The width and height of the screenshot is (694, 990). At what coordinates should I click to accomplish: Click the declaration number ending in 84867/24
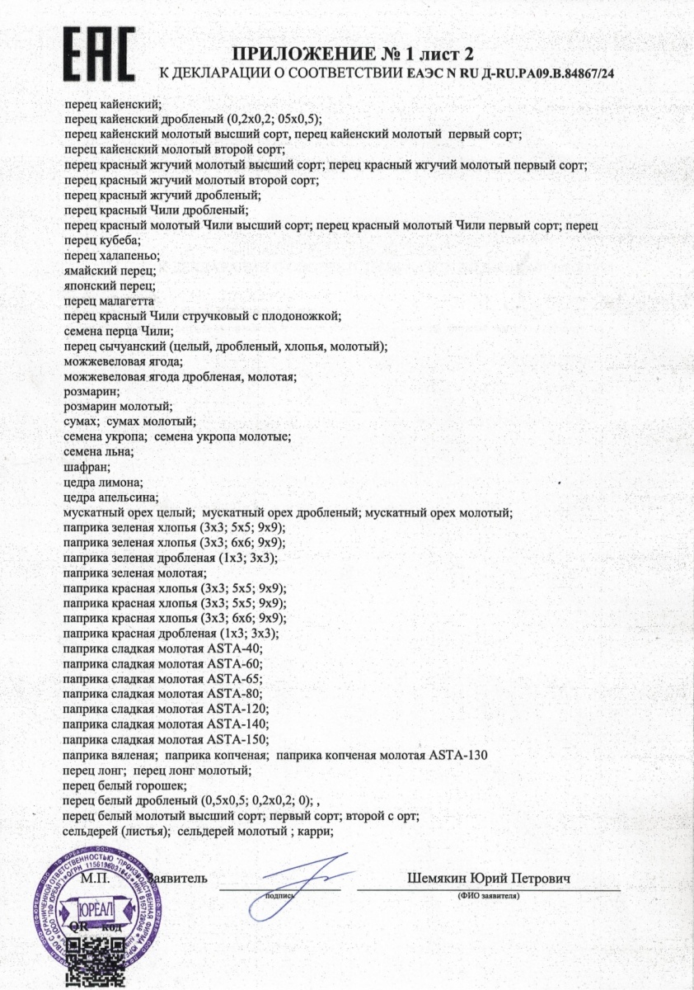[512, 74]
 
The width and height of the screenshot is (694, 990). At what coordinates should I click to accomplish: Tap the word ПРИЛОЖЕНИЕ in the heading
[301, 55]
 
